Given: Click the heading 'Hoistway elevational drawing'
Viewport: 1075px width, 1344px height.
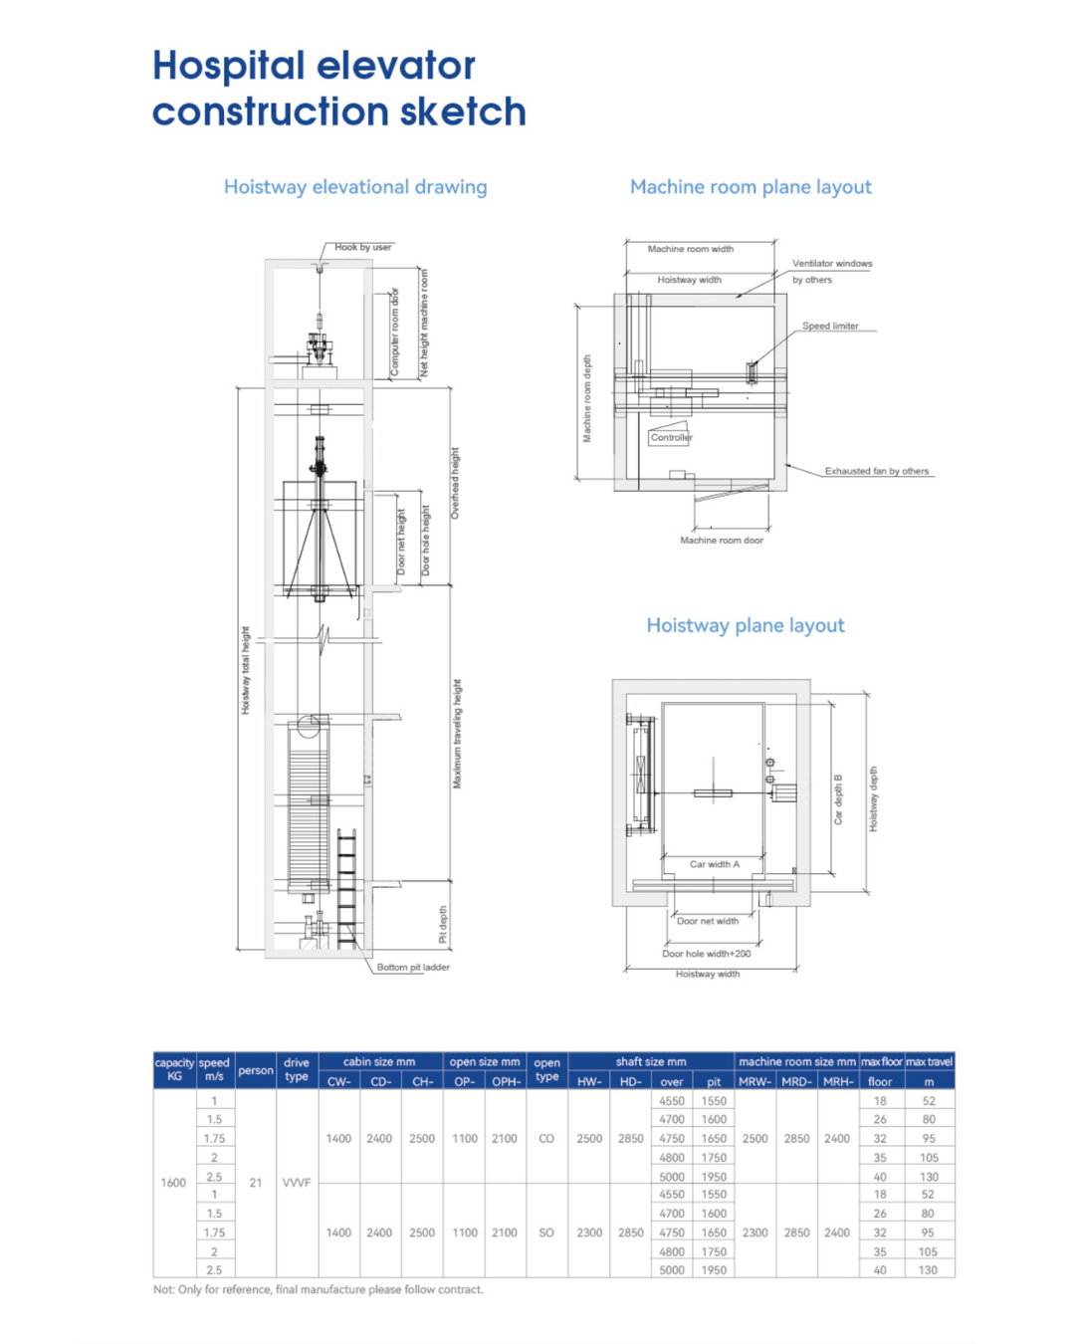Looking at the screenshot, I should (x=355, y=187).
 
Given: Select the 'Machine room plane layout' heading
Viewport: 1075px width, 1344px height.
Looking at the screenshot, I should (x=751, y=187).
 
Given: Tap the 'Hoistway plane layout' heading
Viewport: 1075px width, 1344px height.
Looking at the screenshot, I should (x=746, y=625).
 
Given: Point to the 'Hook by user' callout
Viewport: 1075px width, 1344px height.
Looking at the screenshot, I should (x=362, y=247).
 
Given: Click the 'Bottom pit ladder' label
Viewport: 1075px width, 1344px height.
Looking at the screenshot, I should (x=413, y=967).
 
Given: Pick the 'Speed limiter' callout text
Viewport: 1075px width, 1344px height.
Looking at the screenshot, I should (x=830, y=326).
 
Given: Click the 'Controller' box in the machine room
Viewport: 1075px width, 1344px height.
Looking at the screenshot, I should (x=671, y=437).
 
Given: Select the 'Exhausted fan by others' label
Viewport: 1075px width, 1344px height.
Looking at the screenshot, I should (x=876, y=471).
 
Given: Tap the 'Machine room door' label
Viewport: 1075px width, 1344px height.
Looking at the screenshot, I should (x=722, y=540).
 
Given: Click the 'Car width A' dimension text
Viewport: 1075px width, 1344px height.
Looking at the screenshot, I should (x=715, y=864).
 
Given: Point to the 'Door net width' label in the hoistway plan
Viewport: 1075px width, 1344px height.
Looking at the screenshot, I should (x=708, y=921).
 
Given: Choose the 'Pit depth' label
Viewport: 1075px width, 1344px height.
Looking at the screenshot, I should (x=443, y=924).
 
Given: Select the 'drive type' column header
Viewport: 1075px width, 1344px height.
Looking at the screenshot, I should (x=297, y=1069).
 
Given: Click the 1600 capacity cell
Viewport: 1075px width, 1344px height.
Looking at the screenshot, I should (x=173, y=1183).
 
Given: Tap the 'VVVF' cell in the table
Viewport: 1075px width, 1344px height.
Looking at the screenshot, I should (x=297, y=1183).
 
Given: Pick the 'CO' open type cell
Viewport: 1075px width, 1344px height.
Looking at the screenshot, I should (x=546, y=1138).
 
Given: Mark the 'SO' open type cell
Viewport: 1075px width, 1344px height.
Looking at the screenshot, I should (x=546, y=1232).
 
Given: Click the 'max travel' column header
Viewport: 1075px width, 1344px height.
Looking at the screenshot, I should (x=929, y=1062).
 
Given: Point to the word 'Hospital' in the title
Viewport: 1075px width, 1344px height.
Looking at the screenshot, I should (x=229, y=66).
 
